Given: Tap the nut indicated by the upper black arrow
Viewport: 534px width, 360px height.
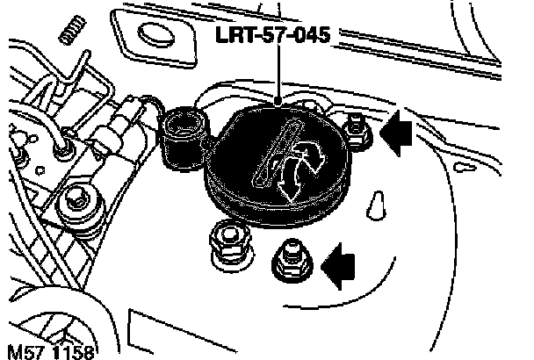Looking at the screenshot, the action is pos(357,132).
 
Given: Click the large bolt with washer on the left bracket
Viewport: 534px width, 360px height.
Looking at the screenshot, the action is pos(76,207).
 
